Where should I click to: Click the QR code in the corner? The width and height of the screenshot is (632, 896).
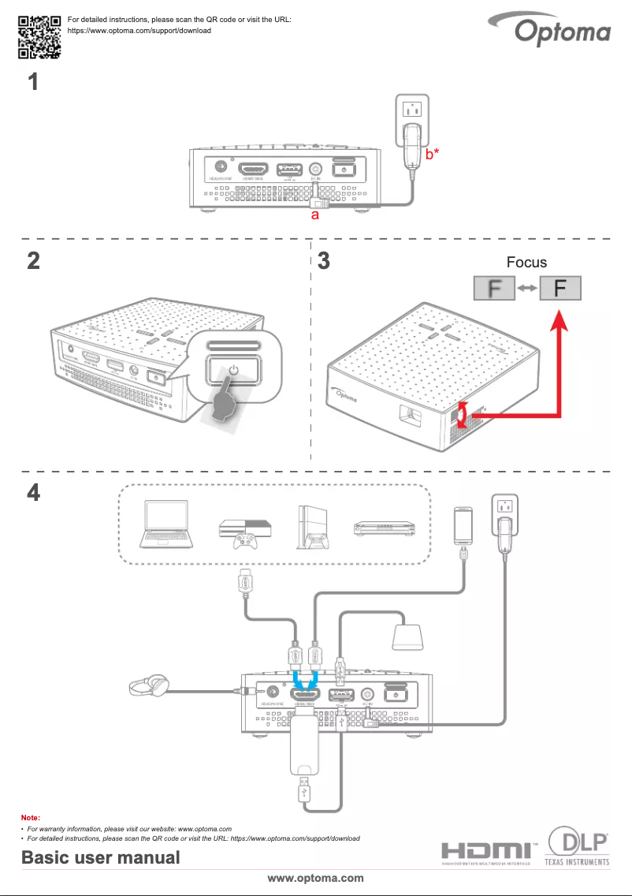pos(39,38)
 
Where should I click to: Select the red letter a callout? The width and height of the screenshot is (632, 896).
pos(314,215)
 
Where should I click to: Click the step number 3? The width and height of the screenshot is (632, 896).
pos(322,262)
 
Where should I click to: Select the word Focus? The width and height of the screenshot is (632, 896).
pos(526,262)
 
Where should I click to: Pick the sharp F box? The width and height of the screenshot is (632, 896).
pos(560,288)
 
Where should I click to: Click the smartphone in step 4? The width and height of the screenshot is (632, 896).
pos(463,525)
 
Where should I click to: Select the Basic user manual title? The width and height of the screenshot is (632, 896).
pos(100,857)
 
